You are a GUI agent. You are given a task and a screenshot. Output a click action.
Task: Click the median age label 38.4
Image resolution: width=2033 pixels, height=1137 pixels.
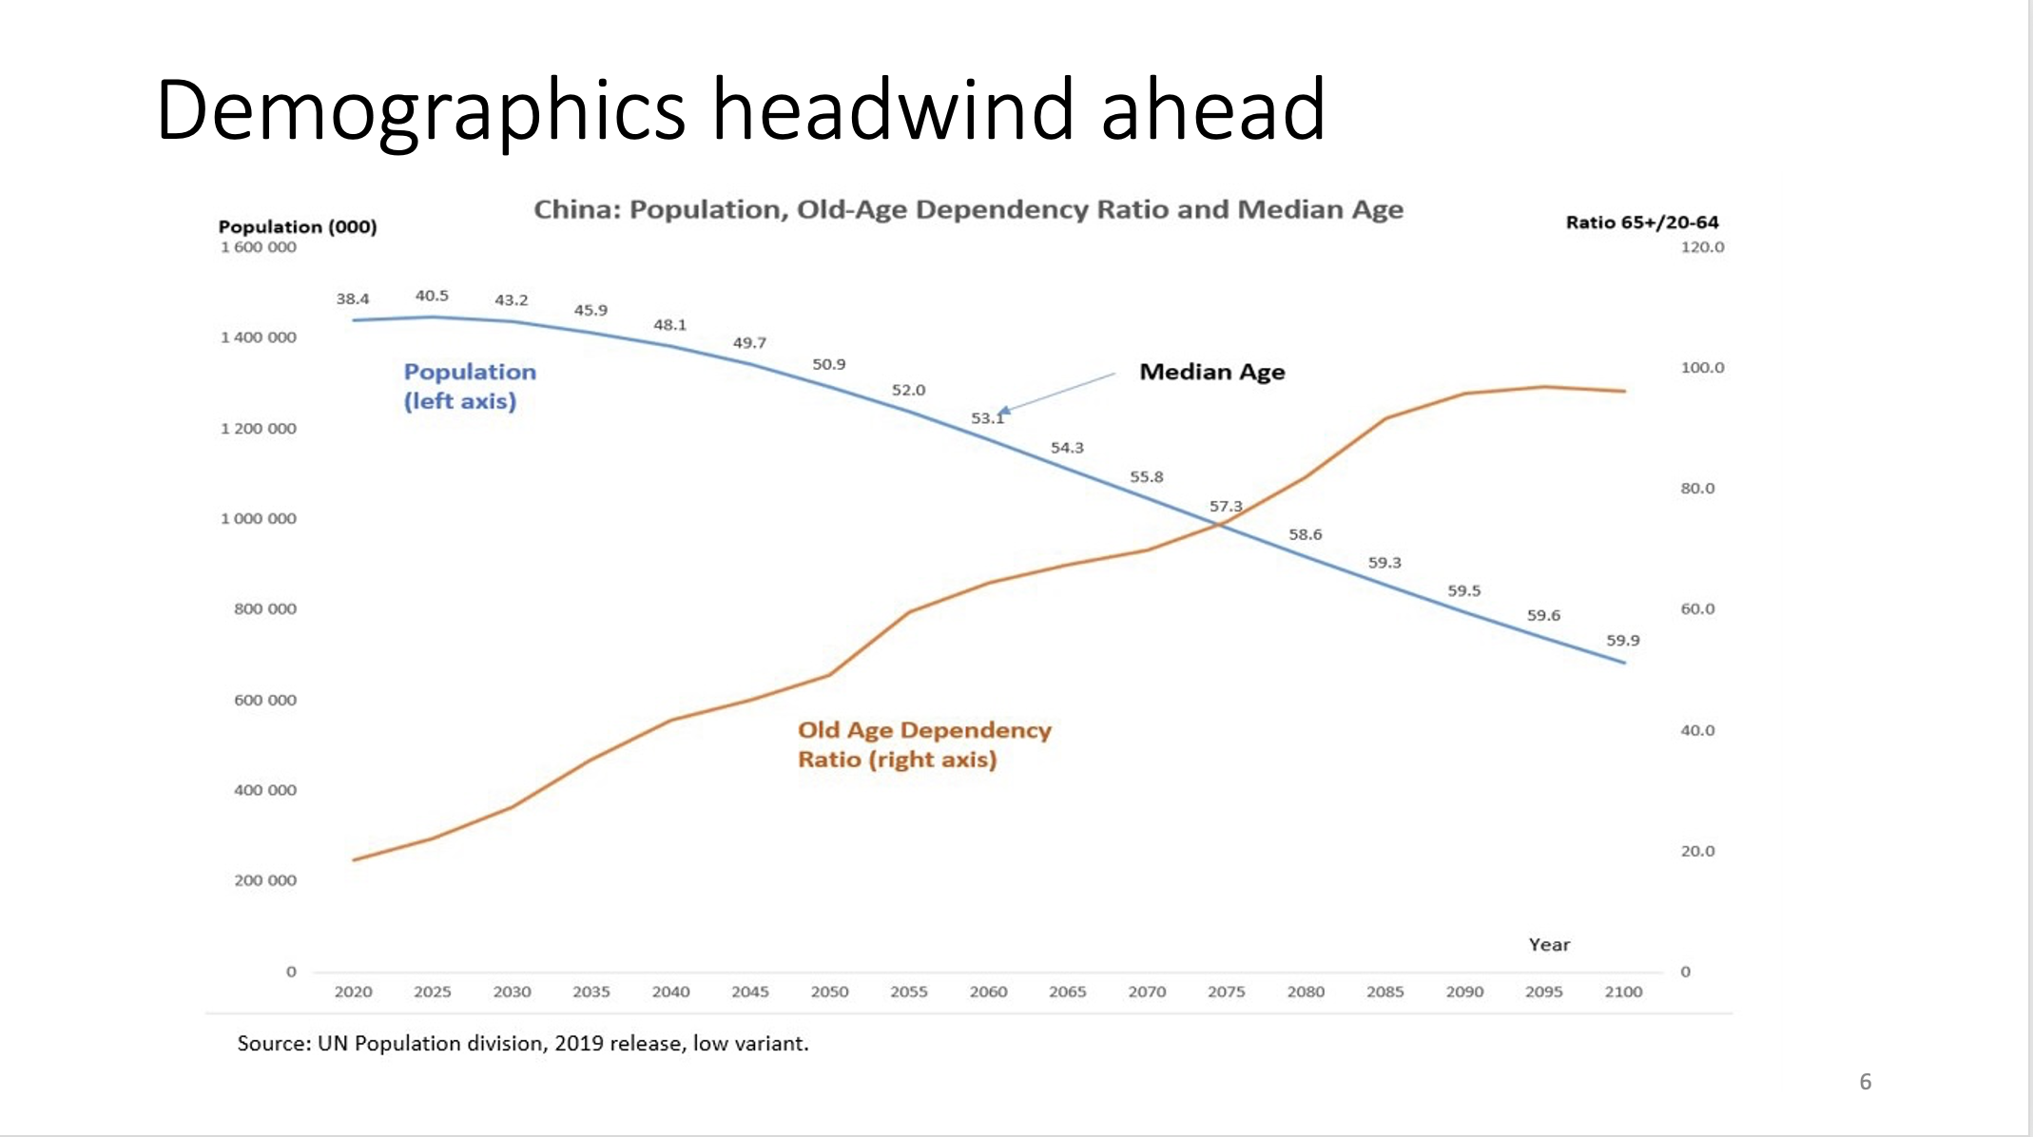[x=352, y=299]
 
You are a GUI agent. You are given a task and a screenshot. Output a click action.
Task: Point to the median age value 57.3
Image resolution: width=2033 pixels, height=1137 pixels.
[x=1226, y=506]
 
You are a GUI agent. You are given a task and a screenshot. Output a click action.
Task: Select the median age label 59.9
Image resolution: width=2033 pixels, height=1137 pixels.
[x=1623, y=641]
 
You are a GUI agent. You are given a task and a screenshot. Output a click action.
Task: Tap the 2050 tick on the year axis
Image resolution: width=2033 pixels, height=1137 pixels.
[x=829, y=992]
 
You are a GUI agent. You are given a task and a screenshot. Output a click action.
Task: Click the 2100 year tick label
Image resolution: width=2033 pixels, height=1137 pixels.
[x=1623, y=992]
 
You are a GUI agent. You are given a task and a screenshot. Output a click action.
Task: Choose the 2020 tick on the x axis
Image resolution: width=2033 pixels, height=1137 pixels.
[x=353, y=992]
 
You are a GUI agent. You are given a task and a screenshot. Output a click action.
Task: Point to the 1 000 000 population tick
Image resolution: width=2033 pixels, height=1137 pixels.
[x=259, y=518]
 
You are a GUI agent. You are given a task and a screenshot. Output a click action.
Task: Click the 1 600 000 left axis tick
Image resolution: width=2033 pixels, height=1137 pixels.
[x=259, y=247]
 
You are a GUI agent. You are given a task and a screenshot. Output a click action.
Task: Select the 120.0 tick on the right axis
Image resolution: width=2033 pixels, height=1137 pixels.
[x=1702, y=247]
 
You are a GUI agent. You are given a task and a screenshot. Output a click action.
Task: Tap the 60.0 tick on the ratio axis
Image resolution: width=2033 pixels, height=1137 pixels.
[x=1697, y=608]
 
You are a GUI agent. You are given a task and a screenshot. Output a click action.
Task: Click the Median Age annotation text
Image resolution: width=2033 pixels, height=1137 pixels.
[x=1211, y=372]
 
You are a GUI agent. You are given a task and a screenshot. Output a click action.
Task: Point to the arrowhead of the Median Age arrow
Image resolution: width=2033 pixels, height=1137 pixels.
[x=1002, y=412]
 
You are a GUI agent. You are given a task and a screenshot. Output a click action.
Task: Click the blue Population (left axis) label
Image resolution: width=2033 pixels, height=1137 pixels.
[x=470, y=386]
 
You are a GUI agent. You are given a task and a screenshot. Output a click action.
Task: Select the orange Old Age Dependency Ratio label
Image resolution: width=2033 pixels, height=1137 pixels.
[x=924, y=744]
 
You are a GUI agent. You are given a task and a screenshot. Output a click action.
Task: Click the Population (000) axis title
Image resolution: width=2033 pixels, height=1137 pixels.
[x=298, y=226]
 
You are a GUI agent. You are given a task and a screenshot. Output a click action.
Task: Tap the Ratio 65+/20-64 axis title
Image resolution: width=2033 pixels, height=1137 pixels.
[x=1642, y=222]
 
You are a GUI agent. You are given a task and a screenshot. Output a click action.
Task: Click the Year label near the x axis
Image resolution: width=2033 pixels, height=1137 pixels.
[x=1549, y=945]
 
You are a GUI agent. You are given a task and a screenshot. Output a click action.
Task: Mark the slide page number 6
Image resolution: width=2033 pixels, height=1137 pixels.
[x=1866, y=1082]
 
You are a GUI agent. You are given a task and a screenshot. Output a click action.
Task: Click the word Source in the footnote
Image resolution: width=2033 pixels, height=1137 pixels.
[x=273, y=1044]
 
